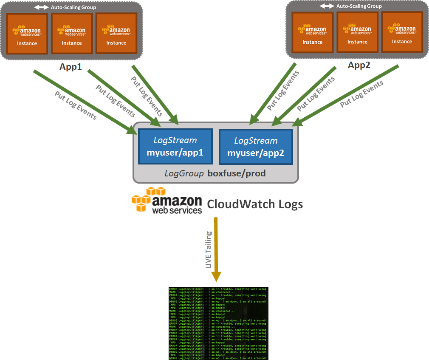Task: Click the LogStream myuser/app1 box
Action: tap(175, 147)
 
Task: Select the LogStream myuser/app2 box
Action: tap(256, 147)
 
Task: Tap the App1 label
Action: tap(71, 67)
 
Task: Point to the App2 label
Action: tap(359, 65)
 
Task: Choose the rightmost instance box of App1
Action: tap(116, 33)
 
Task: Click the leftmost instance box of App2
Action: tap(312, 32)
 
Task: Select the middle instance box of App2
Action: tap(357, 32)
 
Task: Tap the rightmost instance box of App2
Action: tap(402, 31)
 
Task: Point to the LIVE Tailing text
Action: tap(209, 250)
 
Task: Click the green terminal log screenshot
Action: tap(218, 323)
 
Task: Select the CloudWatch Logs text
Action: tap(255, 204)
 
